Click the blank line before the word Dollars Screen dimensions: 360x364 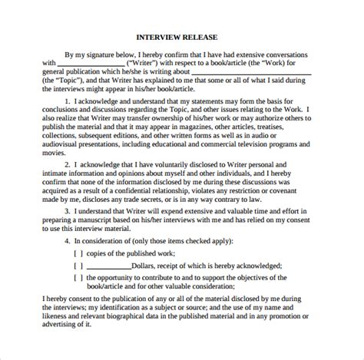[108, 265]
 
